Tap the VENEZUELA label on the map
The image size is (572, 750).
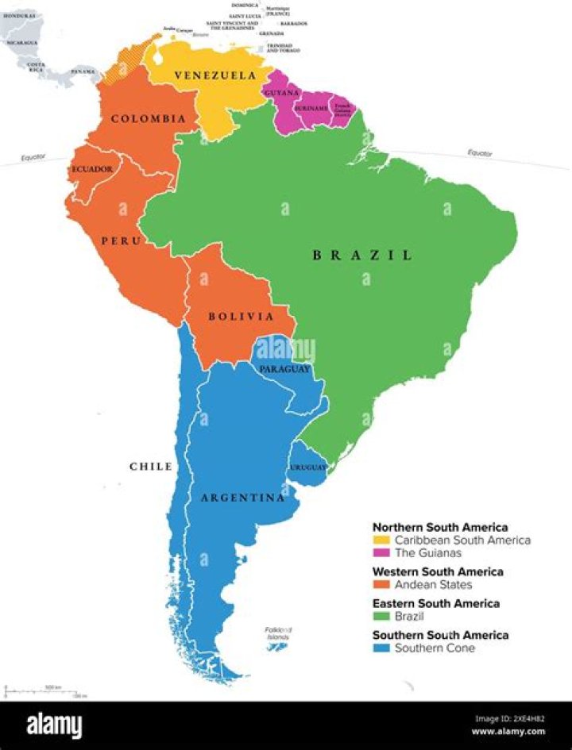(215, 75)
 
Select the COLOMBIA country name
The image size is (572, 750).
(149, 119)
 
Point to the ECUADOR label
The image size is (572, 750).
(92, 169)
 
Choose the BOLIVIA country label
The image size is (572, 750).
(240, 316)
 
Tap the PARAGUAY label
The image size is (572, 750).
(283, 369)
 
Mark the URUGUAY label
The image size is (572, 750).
(307, 467)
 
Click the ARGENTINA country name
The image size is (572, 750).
(242, 498)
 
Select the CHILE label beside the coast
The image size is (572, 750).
(151, 466)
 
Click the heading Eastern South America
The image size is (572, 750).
(436, 603)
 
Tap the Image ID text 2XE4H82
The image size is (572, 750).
(509, 719)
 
